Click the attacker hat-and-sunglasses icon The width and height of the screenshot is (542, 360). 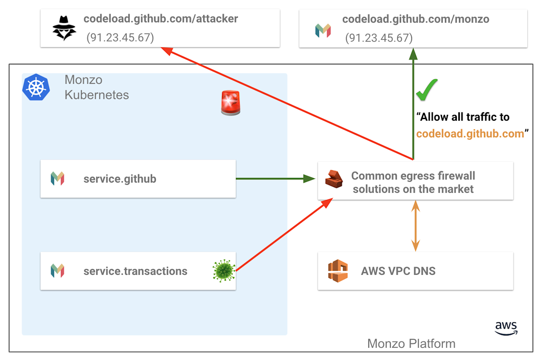(64, 28)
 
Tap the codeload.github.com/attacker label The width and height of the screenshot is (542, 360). (160, 19)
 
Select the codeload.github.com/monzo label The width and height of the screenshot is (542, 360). (415, 19)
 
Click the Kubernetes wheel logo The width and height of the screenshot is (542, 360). (36, 87)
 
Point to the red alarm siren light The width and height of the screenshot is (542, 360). (231, 102)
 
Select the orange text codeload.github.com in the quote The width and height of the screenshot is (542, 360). (470, 134)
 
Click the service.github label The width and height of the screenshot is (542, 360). (120, 179)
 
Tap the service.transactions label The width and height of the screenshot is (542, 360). (135, 271)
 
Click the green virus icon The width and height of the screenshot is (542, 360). (224, 271)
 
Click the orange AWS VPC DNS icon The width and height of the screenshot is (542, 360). (337, 271)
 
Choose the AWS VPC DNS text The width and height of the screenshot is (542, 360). (398, 271)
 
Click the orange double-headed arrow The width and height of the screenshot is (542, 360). (415, 225)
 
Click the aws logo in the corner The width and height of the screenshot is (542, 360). (506, 327)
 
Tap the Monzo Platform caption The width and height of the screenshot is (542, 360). (411, 343)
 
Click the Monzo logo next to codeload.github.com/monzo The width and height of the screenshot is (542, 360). (323, 30)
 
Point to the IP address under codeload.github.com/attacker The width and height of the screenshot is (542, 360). (120, 38)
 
